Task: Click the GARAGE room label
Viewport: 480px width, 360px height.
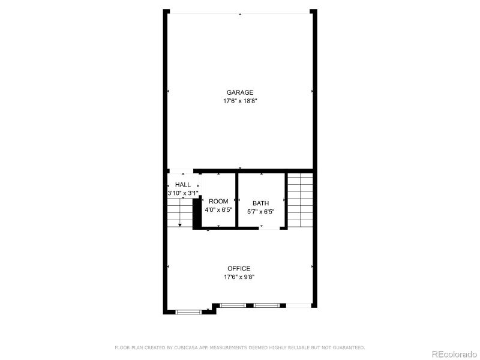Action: coord(240,92)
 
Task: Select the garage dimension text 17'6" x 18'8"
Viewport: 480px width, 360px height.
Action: coord(240,101)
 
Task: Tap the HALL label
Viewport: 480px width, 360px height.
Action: coord(183,185)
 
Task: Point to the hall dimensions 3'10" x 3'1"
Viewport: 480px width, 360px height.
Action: coord(183,193)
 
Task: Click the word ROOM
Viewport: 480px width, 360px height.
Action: coord(218,202)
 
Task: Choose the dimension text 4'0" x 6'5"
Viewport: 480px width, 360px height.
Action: coord(218,211)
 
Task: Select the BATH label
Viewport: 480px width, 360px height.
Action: coord(261,203)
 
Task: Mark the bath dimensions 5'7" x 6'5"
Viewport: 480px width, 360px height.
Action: coord(261,211)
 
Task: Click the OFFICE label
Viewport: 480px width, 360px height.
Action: coord(239,268)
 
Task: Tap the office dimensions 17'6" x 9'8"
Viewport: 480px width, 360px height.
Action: coord(239,277)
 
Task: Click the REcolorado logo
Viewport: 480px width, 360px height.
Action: coord(454,353)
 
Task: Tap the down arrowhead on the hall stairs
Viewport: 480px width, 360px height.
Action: coord(179,224)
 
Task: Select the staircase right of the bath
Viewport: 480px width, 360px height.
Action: coord(299,200)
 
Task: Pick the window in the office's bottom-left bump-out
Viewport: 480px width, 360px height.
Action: coord(189,311)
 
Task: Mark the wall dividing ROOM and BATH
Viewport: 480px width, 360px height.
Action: coord(237,200)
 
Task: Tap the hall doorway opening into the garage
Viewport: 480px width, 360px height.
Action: coord(181,171)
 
